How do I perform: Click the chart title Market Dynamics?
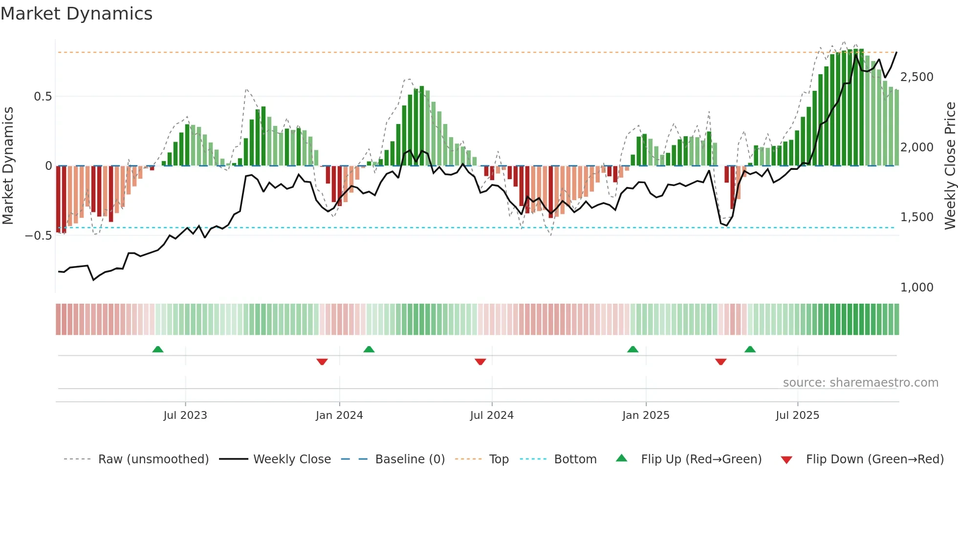point(76,14)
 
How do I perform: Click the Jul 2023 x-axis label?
point(185,415)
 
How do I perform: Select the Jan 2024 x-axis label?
point(339,415)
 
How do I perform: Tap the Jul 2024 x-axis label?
point(492,415)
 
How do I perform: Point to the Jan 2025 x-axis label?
point(646,415)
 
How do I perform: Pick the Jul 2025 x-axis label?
point(797,415)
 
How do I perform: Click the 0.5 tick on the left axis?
point(43,97)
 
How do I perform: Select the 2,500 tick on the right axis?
point(916,77)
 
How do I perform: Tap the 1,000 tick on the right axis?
point(916,288)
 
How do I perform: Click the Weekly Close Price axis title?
point(950,166)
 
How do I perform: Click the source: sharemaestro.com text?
point(860,383)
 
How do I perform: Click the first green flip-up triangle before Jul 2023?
point(157,350)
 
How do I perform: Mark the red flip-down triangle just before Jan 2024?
point(322,362)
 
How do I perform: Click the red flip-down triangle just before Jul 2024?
point(480,362)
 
